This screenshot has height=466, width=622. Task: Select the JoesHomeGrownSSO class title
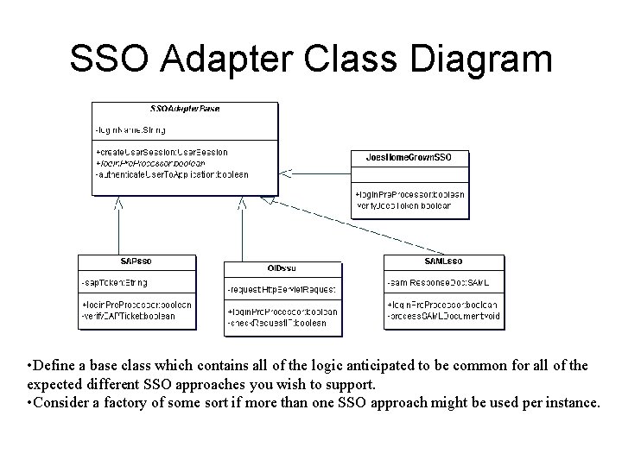point(409,157)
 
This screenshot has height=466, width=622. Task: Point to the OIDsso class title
point(282,268)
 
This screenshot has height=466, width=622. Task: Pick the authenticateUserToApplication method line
point(172,173)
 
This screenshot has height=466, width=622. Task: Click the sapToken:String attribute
point(115,283)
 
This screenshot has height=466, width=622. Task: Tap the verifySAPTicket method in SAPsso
point(129,316)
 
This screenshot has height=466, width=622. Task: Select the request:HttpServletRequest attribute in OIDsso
point(282,290)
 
